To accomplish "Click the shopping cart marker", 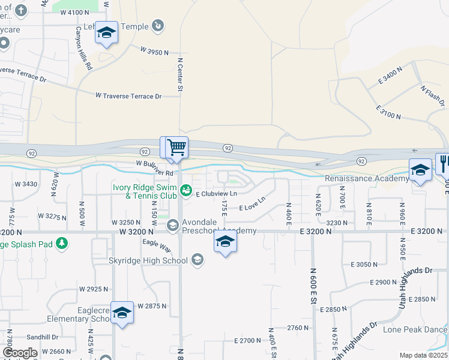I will point(176,147).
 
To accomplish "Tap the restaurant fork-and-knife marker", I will point(444,163).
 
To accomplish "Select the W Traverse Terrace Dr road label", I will point(128,96).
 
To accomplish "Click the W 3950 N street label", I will point(154,52).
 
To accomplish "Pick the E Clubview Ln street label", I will point(216,194).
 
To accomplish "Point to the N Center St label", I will point(179,74).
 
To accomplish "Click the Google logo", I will point(20,353).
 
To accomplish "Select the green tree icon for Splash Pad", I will point(61,243).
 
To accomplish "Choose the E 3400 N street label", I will point(390,77).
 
